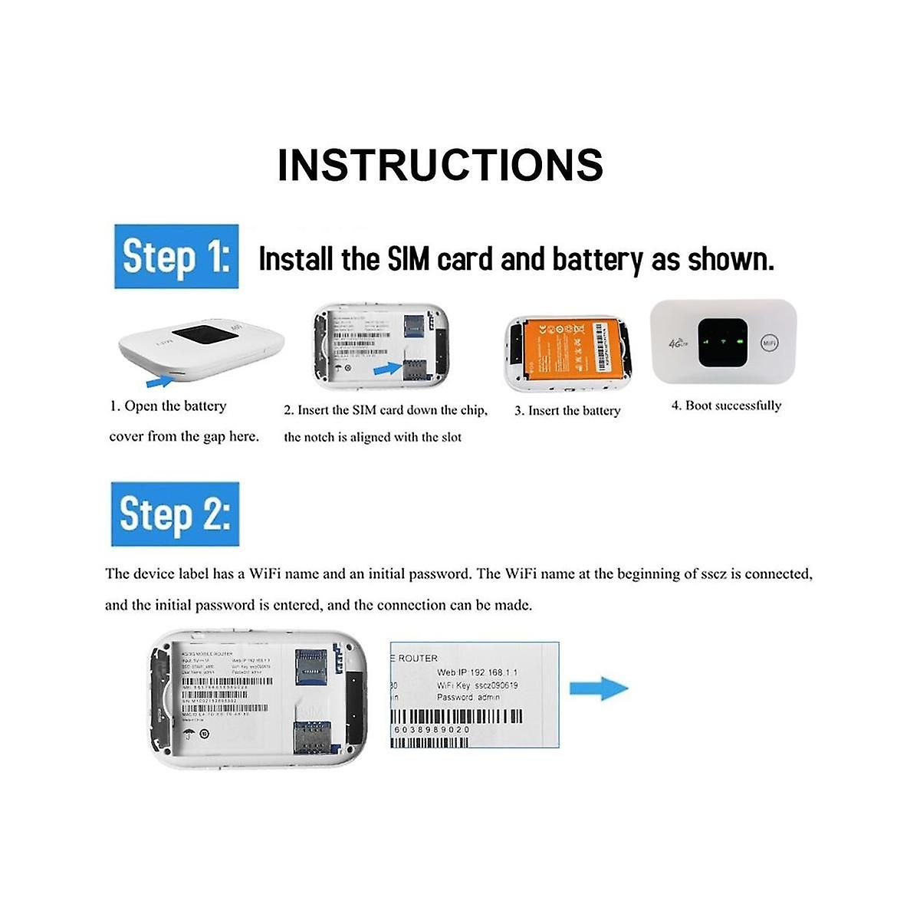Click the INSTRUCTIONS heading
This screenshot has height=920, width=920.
(x=440, y=165)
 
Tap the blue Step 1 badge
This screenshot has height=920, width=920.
(x=176, y=257)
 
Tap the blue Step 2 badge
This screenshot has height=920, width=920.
(x=175, y=514)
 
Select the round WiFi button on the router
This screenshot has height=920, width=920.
(x=770, y=343)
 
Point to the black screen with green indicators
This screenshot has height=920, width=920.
(x=723, y=341)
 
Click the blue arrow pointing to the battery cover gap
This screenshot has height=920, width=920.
(x=159, y=379)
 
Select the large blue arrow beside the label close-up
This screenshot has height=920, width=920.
(x=599, y=688)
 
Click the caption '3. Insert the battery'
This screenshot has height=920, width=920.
(x=567, y=411)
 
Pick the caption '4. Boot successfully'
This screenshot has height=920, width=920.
(x=726, y=406)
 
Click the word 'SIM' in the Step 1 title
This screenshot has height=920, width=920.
(x=410, y=259)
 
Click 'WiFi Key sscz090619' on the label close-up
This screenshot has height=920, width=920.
(x=478, y=685)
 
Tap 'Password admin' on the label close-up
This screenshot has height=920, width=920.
(x=468, y=697)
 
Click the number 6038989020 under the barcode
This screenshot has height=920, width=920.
(x=432, y=730)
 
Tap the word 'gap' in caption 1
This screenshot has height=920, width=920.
(x=214, y=436)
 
